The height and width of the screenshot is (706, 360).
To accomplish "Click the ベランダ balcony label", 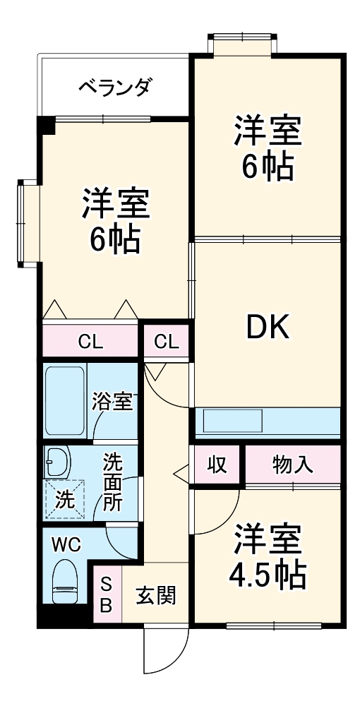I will pyautogui.click(x=113, y=88).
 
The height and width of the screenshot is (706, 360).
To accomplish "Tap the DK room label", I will pyautogui.click(x=267, y=327).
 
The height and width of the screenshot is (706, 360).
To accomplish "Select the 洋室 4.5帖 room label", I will pyautogui.click(x=268, y=557).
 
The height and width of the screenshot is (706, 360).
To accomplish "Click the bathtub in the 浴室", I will pyautogui.click(x=65, y=400).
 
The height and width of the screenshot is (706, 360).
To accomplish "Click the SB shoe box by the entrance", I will pyautogui.click(x=107, y=594).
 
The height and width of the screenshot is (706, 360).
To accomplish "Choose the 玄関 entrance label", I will pyautogui.click(x=155, y=595).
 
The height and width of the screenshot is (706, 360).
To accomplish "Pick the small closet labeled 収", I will pyautogui.click(x=217, y=465).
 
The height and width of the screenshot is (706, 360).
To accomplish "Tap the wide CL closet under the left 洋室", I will pyautogui.click(x=90, y=342).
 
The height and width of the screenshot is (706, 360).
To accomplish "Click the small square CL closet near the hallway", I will pyautogui.click(x=167, y=342).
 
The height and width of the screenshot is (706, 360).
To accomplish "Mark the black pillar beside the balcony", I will pyautogui.click(x=46, y=125).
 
